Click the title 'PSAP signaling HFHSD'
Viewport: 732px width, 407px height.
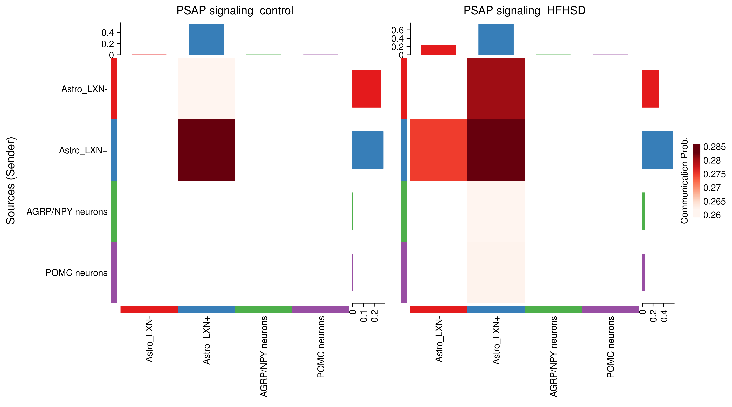(x=524, y=11)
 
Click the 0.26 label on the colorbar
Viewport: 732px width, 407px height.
(x=712, y=215)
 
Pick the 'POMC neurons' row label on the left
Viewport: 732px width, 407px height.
(x=76, y=273)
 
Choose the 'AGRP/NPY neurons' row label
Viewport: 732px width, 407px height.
(x=67, y=212)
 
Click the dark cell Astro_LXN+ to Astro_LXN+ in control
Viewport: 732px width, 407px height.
(x=206, y=150)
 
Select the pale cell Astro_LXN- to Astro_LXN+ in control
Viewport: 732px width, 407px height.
(x=206, y=89)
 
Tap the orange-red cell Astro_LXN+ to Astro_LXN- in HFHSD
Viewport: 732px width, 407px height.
(x=439, y=150)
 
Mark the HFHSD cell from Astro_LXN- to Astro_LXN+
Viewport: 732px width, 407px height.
(x=496, y=89)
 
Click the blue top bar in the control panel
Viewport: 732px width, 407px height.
(x=206, y=39)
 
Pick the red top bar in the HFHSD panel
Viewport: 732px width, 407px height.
(x=439, y=50)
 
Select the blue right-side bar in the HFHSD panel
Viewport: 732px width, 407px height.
(x=657, y=150)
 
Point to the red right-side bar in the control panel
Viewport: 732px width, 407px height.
(x=367, y=89)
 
